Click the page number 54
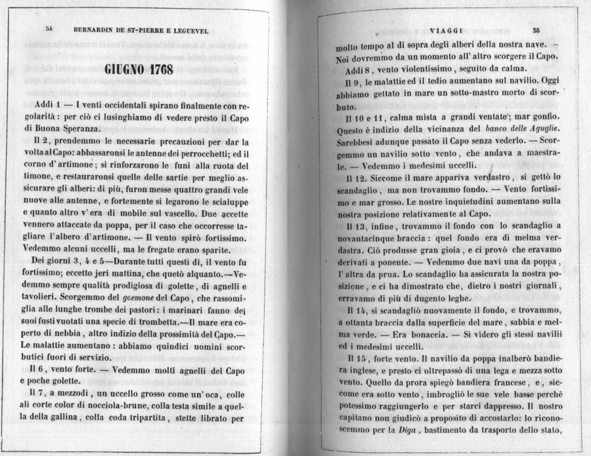49,30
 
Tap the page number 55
536,30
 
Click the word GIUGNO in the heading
125,69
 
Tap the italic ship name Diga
401,431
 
